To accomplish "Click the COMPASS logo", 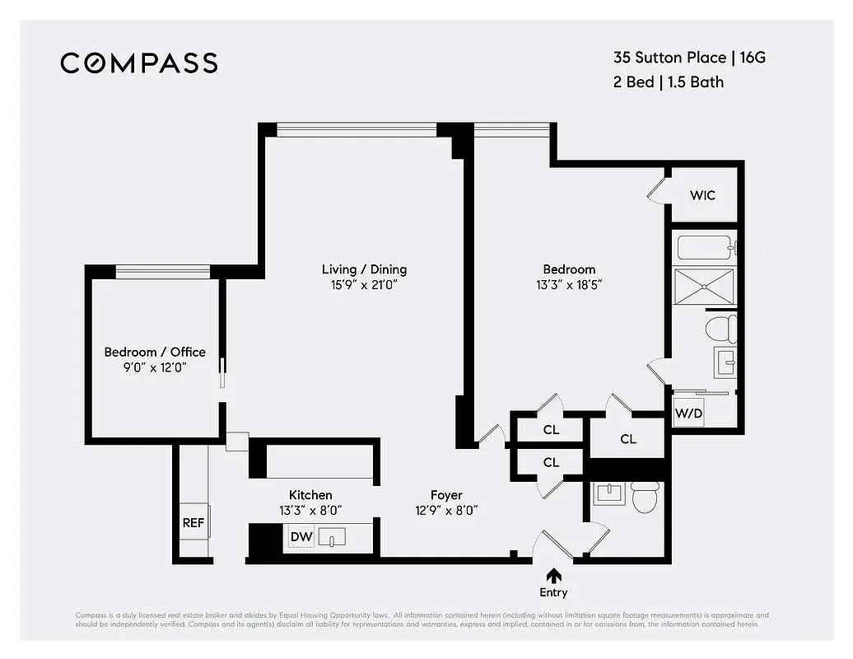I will (x=138, y=63).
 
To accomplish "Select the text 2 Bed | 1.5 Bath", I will (x=668, y=82).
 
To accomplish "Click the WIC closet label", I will (x=702, y=195).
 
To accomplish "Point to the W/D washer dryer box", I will (x=688, y=412).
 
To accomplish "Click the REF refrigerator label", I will (x=193, y=522).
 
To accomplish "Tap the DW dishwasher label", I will (x=301, y=537).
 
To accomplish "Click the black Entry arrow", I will (x=554, y=575).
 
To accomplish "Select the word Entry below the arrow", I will (x=554, y=592).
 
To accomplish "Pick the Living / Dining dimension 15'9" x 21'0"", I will (x=364, y=285).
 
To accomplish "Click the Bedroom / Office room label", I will (x=155, y=352).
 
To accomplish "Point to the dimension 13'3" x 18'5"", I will (x=569, y=285).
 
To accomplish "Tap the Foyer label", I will (x=446, y=495).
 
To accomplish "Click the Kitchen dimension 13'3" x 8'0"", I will (x=310, y=510).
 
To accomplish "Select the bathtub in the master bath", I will (x=705, y=247).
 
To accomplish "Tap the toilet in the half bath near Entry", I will (x=645, y=496).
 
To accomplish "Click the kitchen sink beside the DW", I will (x=332, y=537).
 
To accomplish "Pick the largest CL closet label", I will (x=628, y=439).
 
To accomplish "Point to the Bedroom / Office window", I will (x=162, y=271).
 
